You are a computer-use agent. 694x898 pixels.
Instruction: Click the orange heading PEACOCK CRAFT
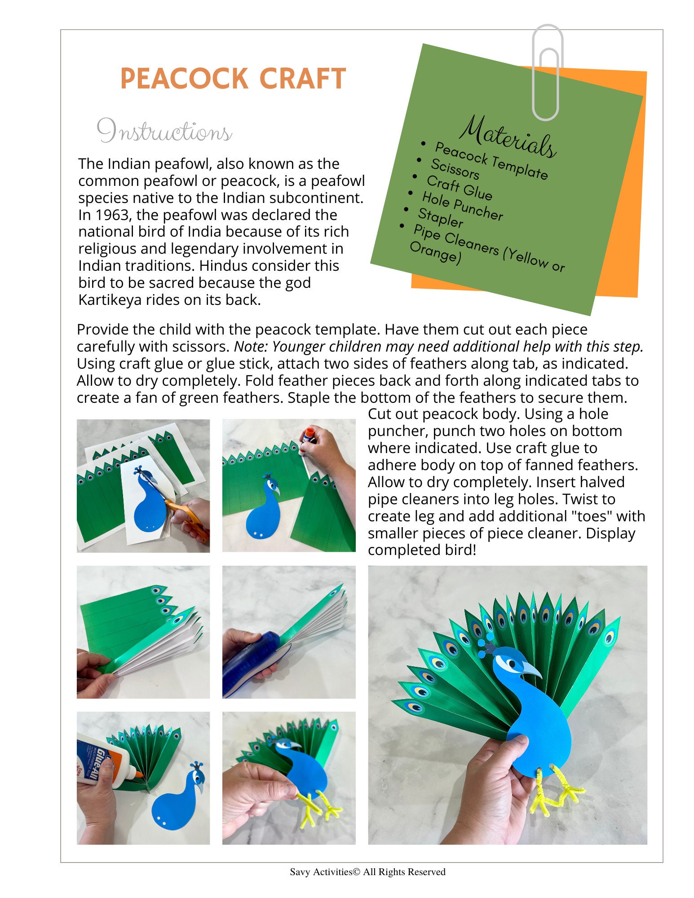coord(233,79)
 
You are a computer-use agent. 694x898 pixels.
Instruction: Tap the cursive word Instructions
coord(164,132)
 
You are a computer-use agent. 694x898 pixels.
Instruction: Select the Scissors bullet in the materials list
coord(455,169)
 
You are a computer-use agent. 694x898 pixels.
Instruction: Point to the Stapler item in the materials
coord(440,218)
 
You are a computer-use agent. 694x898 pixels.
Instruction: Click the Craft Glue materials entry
coord(459,187)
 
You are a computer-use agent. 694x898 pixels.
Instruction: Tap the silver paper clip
coord(547,72)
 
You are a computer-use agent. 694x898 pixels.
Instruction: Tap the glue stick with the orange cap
coord(308,436)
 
